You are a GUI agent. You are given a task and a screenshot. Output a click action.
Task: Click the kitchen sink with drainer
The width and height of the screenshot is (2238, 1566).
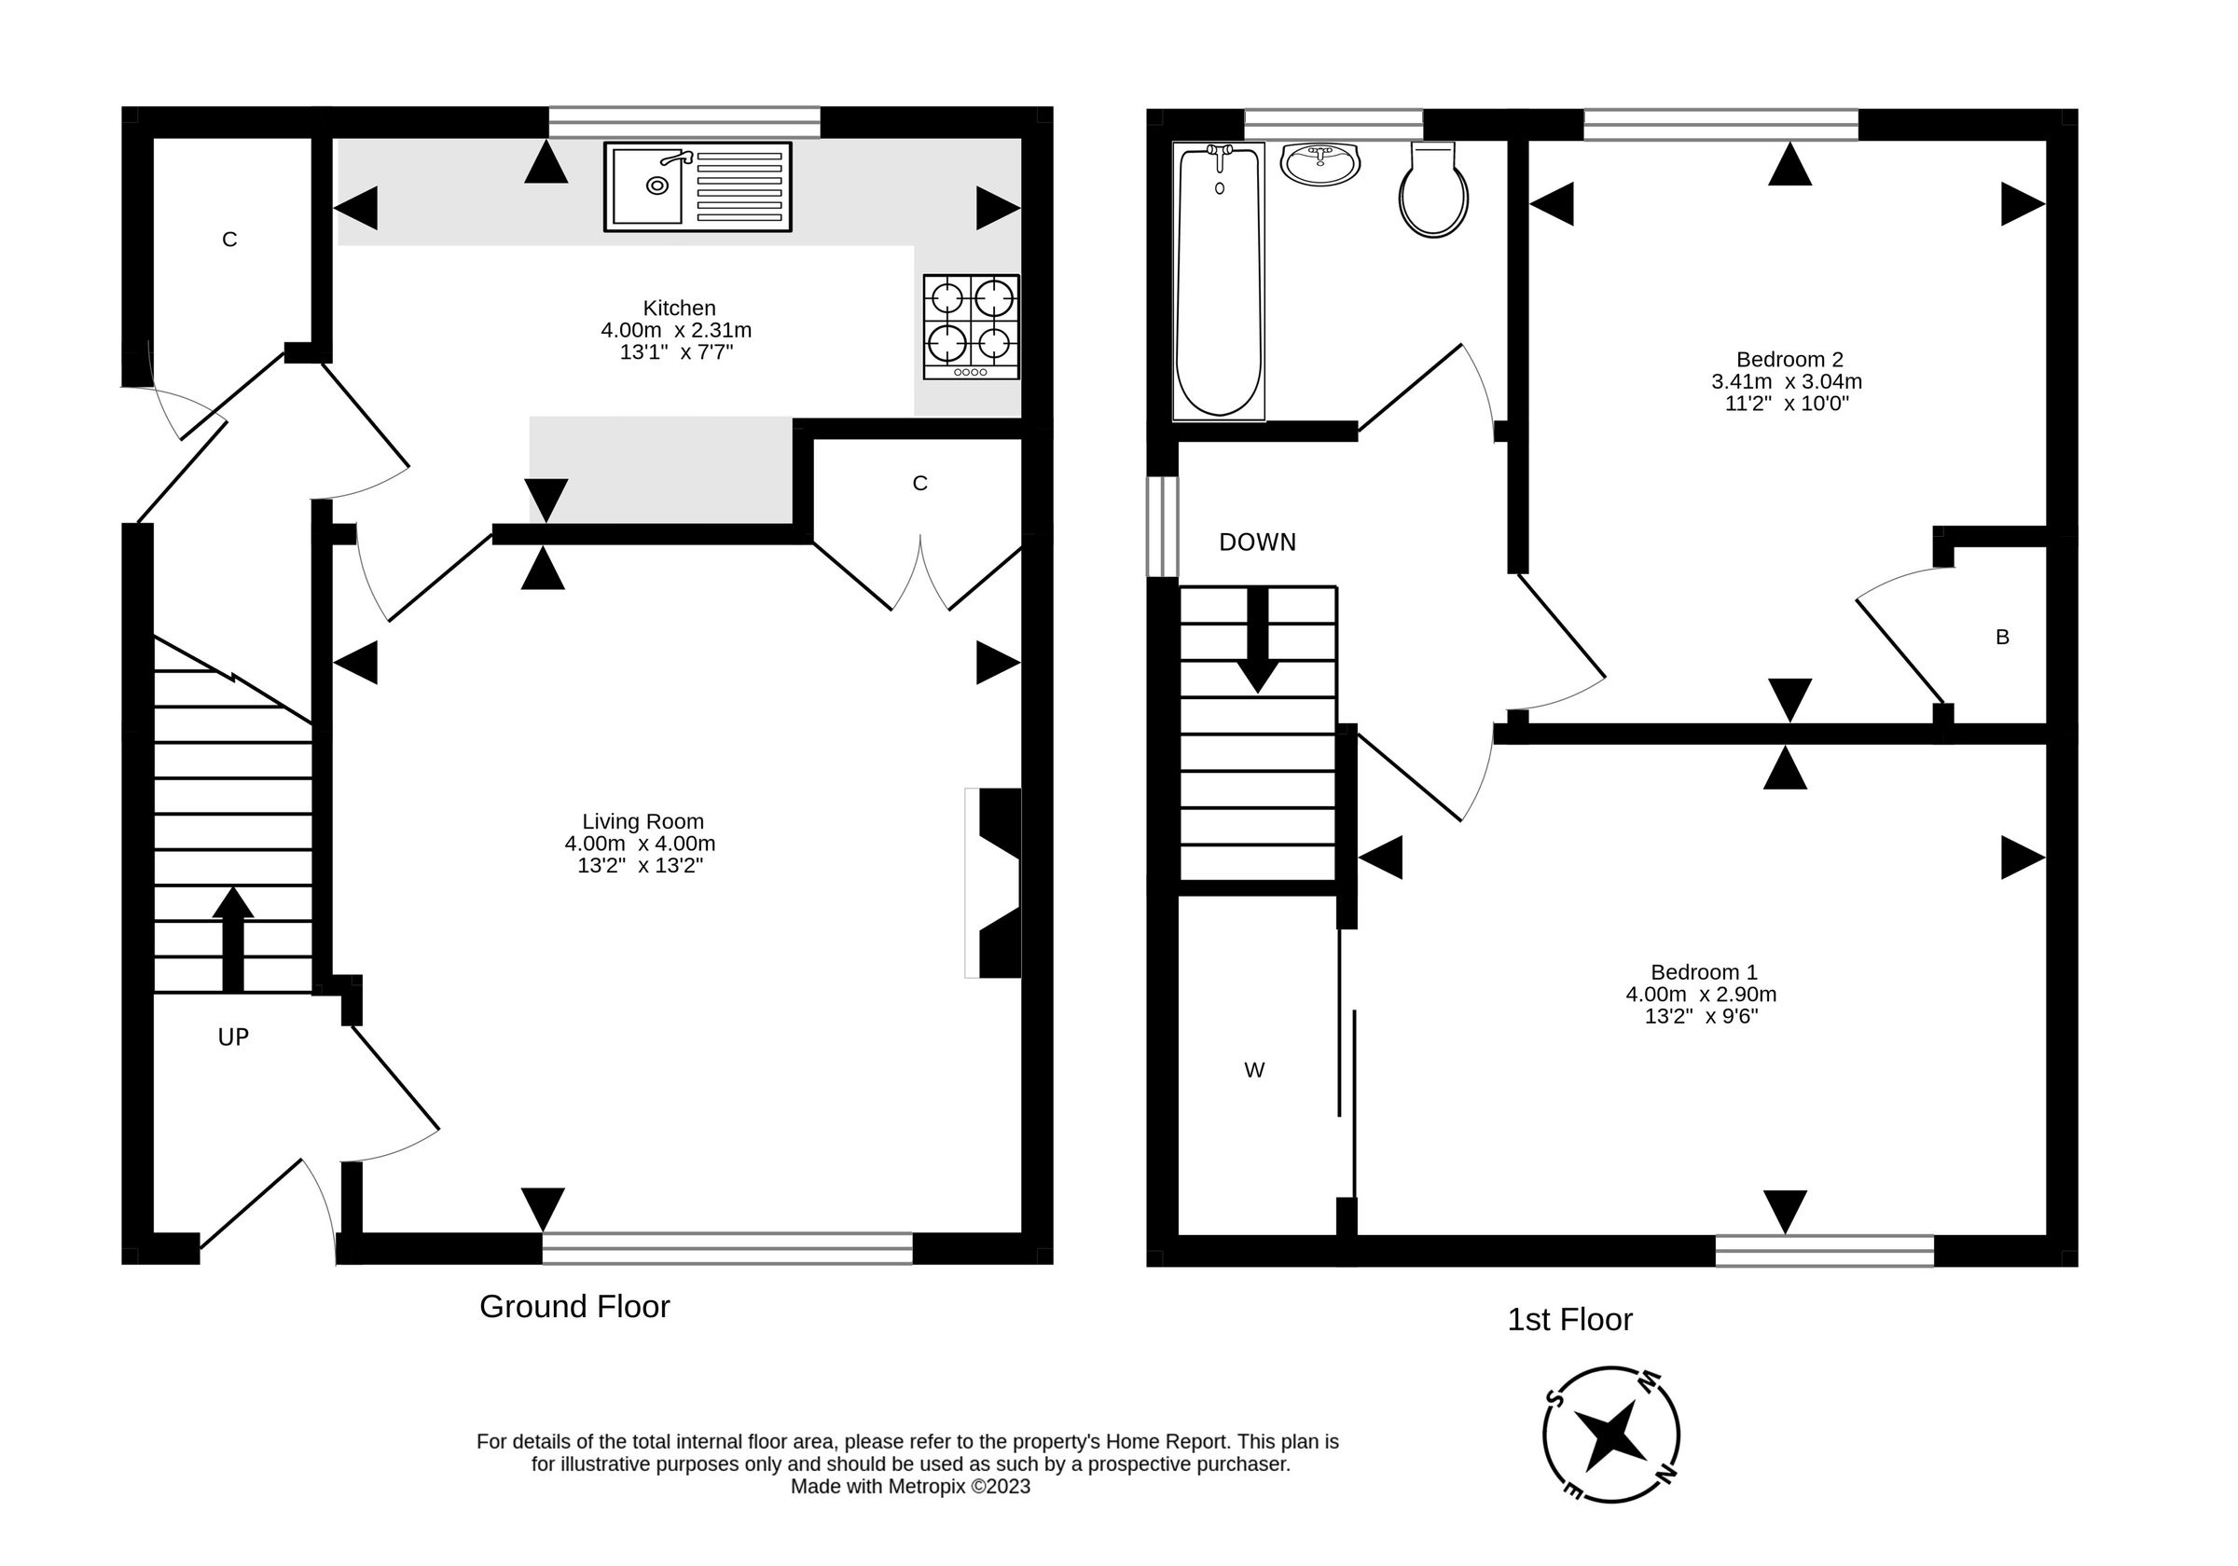coord(697,186)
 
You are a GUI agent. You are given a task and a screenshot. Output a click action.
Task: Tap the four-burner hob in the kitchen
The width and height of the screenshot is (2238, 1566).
coord(971,326)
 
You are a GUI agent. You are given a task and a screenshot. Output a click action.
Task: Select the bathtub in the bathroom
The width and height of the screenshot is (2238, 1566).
coord(1219,282)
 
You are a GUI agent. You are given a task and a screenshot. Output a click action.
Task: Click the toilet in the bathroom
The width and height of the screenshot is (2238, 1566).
coord(1433,191)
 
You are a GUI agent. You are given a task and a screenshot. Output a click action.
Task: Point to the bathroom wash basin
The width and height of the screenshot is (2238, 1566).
coord(1320,164)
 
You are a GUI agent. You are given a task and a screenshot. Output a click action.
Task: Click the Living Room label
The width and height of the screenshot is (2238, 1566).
coord(642,821)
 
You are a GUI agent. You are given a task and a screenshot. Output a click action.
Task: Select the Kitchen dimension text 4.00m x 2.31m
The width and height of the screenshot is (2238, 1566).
coord(675,330)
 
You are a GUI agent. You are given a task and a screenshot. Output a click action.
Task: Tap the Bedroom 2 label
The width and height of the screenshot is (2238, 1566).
coord(1789,360)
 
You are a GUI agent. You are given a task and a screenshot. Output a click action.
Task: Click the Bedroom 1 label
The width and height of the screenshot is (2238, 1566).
coord(1703,971)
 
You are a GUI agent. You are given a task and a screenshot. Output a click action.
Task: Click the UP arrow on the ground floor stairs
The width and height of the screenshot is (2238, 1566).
coord(233,939)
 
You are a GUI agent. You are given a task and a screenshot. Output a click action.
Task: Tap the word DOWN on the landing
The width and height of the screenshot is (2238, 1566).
coord(1256,543)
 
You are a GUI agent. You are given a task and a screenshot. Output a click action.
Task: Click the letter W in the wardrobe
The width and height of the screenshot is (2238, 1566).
coord(1253,1071)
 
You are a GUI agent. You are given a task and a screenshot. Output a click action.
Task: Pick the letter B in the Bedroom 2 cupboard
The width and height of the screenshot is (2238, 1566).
coord(2002,638)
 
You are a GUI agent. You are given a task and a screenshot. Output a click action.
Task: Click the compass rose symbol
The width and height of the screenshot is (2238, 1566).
coord(1610,1434)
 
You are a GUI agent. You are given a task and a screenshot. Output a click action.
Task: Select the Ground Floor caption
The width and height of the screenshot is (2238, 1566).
coord(574,1307)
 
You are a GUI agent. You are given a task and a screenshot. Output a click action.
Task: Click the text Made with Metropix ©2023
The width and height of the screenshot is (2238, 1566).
coord(909,1487)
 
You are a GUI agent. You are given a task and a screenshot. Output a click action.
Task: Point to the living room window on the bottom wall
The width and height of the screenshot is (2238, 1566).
coord(727,1248)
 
